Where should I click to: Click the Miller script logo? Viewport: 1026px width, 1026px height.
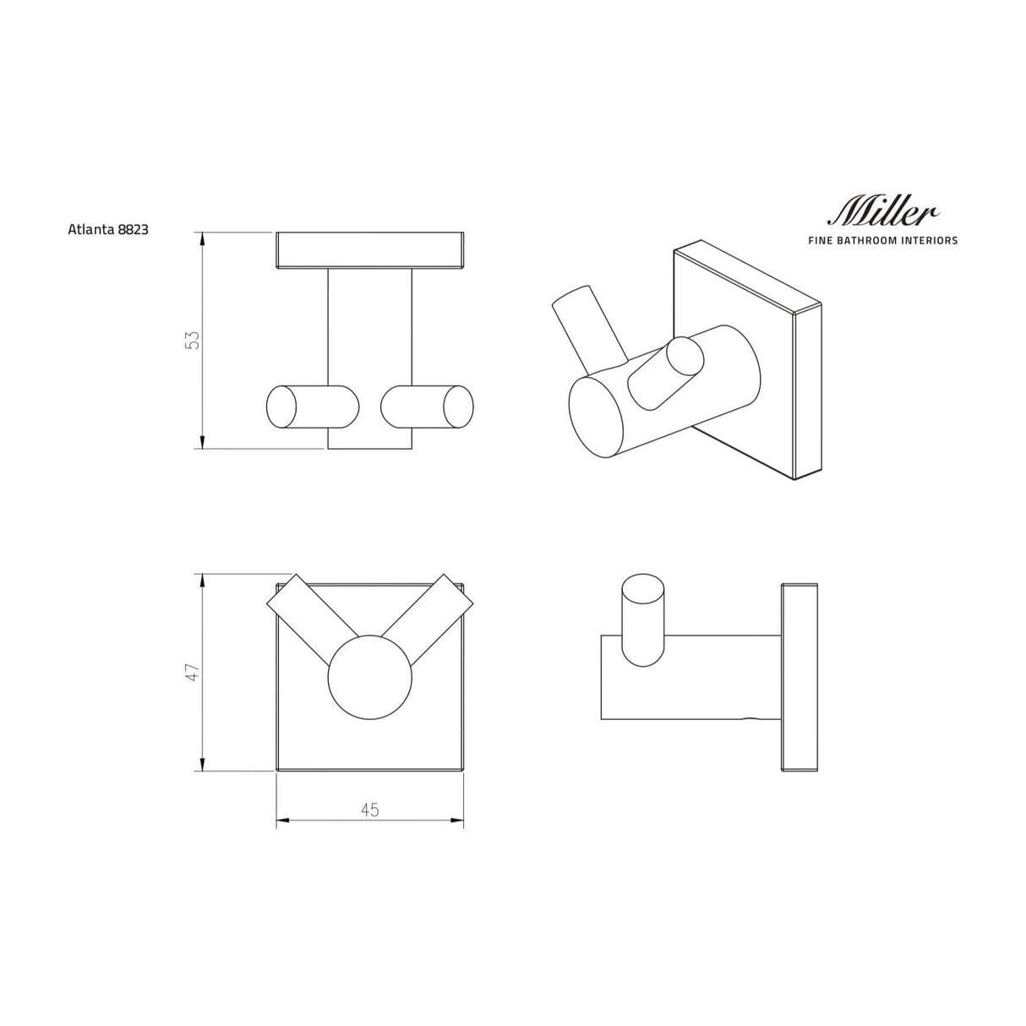[883, 211]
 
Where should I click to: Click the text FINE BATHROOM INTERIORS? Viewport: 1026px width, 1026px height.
[883, 241]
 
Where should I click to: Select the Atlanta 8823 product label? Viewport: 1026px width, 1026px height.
[108, 229]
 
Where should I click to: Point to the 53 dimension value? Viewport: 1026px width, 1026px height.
[193, 340]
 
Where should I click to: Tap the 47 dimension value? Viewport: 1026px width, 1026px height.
[193, 673]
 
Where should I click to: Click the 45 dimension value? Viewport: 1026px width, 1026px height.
[369, 810]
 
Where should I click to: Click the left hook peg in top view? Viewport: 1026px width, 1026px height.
[311, 407]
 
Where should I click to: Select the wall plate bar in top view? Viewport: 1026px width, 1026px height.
[370, 251]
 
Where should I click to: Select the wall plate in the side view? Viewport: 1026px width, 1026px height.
[799, 677]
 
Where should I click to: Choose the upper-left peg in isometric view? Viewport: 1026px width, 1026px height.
[586, 325]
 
